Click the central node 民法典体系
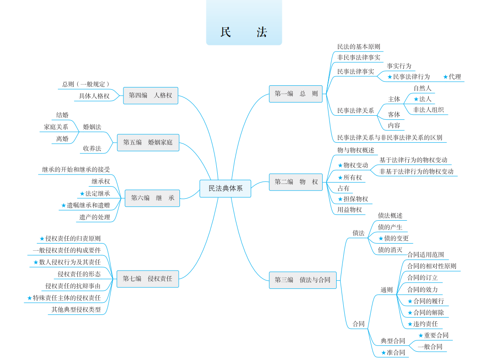[x=225, y=188]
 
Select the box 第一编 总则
[x=296, y=94]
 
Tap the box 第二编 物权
[x=296, y=182]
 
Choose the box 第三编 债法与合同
[x=302, y=280]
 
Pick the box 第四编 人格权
[x=150, y=96]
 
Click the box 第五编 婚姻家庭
[x=148, y=142]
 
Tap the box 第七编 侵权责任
[x=147, y=279]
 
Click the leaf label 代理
[x=455, y=77]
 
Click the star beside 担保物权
[x=340, y=199]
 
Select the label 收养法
[x=92, y=148]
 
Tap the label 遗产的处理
[x=95, y=217]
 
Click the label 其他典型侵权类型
[x=76, y=310]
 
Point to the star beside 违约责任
[x=410, y=324]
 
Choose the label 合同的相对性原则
[x=432, y=266]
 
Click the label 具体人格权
[x=94, y=96]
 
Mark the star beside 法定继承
[x=82, y=194]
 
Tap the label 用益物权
[x=350, y=209]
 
